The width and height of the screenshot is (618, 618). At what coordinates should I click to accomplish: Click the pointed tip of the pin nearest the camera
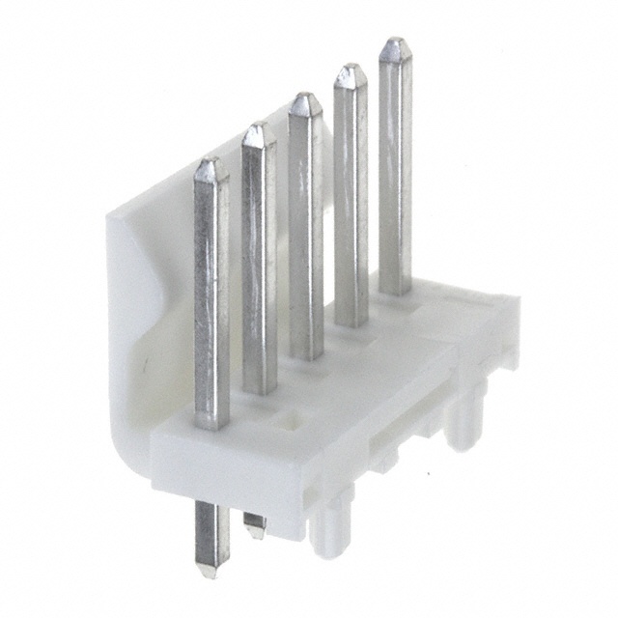(211, 165)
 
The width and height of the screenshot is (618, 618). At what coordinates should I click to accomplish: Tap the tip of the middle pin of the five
(304, 98)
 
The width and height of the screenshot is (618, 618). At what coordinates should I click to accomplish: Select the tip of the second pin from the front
(258, 129)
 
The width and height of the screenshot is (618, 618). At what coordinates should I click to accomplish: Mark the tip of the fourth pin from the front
(350, 70)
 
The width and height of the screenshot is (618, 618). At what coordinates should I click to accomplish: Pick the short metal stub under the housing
(254, 525)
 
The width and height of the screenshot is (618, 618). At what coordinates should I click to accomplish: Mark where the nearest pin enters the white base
(212, 423)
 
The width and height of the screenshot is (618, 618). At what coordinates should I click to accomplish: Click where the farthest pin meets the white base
(395, 290)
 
